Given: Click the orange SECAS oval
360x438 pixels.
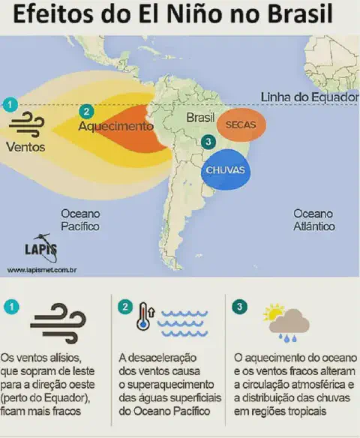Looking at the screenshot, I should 241,125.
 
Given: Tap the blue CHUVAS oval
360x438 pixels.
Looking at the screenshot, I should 225,170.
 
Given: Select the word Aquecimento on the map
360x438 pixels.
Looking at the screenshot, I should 115,126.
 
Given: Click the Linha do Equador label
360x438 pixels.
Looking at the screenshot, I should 305,97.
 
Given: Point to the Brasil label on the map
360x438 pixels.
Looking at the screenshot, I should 200,118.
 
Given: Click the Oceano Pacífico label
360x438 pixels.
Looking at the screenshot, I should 80,219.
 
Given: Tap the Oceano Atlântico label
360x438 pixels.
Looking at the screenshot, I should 313,219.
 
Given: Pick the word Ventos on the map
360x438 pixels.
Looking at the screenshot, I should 25,147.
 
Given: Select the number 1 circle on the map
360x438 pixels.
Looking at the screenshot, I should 10,104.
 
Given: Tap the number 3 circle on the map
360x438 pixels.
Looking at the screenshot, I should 208,142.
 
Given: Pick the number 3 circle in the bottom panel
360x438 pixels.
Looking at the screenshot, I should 240,306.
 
